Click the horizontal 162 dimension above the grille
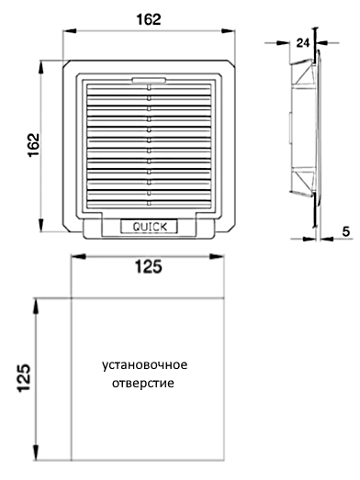pyautogui.click(x=149, y=19)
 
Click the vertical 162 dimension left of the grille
pyautogui.click(x=34, y=145)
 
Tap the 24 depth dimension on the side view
pyautogui.click(x=303, y=43)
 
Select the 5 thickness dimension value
pyautogui.click(x=346, y=231)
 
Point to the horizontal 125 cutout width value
pyautogui.click(x=149, y=267)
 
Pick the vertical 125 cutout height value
pyautogui.click(x=24, y=378)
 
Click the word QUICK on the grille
pyautogui.click(x=150, y=227)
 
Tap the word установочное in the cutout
pyautogui.click(x=144, y=365)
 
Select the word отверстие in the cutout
pyautogui.click(x=142, y=383)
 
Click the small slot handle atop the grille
pyautogui.click(x=149, y=80)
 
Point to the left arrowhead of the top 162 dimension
pyautogui.click(x=69, y=30)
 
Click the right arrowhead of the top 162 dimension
pyautogui.click(x=229, y=30)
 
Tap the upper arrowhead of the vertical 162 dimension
pyautogui.click(x=40, y=67)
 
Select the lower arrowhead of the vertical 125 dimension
pyautogui.click(x=36, y=452)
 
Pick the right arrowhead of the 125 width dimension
pyautogui.click(x=217, y=257)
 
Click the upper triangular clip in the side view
pyautogui.click(x=304, y=73)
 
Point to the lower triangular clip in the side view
pyautogui.click(x=304, y=182)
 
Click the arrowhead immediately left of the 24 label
pyautogui.click(x=283, y=43)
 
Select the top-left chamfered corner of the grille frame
pyautogui.click(x=66, y=63)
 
